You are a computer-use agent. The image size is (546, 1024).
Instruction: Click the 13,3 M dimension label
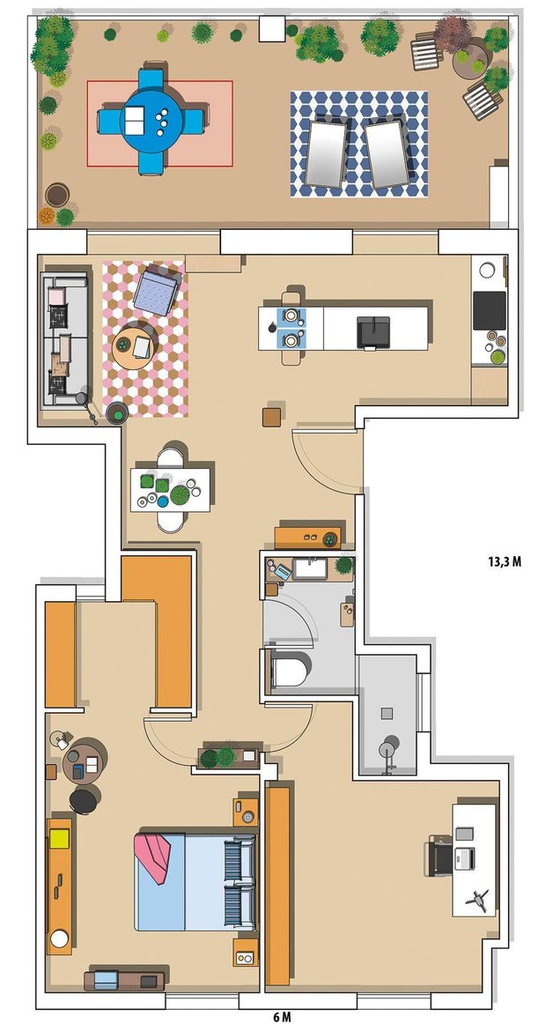[505, 561]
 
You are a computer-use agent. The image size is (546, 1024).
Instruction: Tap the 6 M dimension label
[282, 1017]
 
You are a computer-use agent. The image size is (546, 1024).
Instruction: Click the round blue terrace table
[151, 121]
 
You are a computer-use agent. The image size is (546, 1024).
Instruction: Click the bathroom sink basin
[311, 568]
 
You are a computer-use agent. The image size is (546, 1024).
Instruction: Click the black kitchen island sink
[373, 331]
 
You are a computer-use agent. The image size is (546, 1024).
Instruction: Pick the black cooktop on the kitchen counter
[490, 310]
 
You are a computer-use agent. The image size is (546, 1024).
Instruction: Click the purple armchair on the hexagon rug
[156, 290]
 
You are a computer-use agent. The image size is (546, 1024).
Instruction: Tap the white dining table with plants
[170, 489]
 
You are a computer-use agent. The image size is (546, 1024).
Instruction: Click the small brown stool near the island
[271, 417]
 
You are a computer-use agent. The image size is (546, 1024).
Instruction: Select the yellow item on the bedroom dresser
[59, 838]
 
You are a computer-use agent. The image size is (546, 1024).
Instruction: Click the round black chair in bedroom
[84, 801]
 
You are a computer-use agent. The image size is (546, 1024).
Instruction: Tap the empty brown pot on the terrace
[57, 195]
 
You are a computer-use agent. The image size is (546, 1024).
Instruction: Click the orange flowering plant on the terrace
[47, 216]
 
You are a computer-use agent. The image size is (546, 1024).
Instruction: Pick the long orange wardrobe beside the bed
[277, 886]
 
